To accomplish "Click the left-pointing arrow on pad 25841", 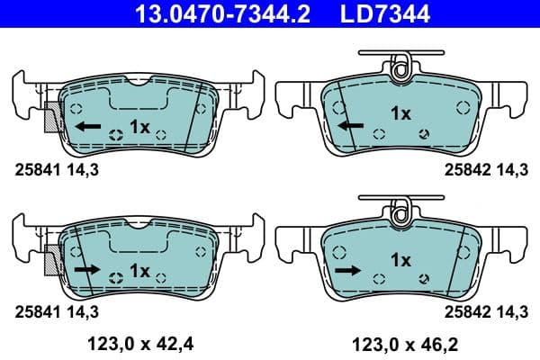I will [x=88, y=126].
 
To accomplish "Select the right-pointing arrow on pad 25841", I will [x=88, y=268].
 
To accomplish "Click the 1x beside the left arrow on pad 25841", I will [x=139, y=126].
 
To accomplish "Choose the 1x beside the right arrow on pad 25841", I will [x=139, y=268].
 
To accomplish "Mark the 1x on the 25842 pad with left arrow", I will [x=400, y=113].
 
